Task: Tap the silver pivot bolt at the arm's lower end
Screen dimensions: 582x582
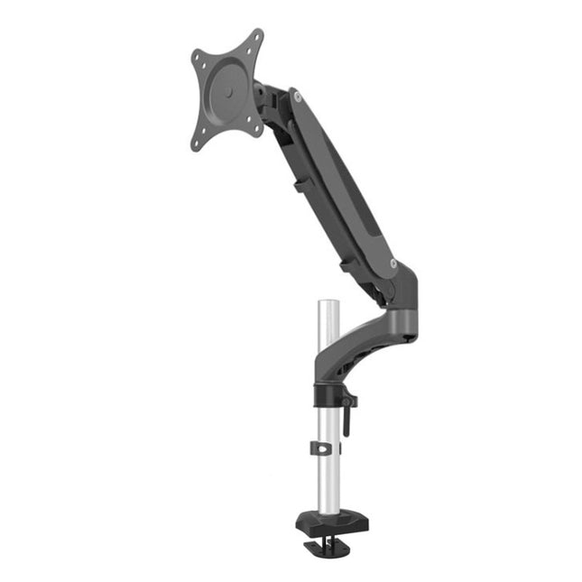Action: coord(393,263)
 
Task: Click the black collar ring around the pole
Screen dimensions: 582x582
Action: coord(328,394)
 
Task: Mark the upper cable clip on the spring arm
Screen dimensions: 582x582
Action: coord(298,188)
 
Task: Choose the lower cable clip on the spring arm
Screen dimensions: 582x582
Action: coord(346,265)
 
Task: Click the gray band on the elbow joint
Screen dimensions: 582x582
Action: coord(399,320)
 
